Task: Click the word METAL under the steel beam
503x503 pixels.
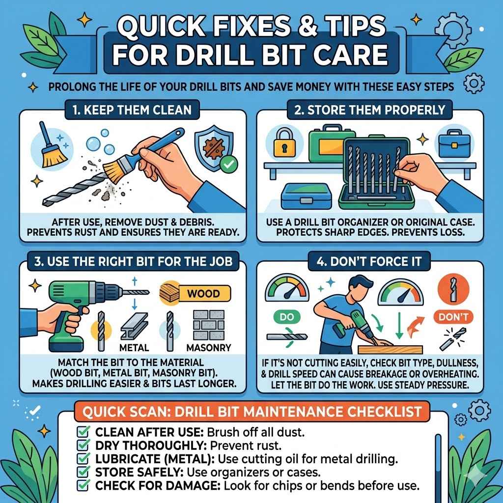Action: click(x=134, y=348)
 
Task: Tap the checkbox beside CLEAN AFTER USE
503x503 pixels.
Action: click(x=83, y=433)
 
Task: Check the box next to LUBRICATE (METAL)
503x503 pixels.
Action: click(x=83, y=460)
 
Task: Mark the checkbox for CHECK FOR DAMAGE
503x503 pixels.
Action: click(x=83, y=486)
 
